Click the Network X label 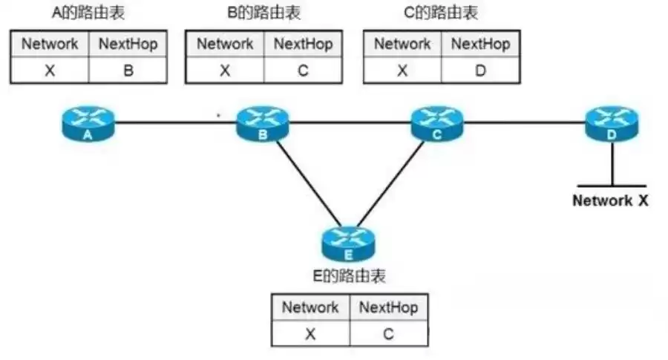coord(611,200)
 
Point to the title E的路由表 coord(349,277)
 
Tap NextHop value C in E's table coord(388,334)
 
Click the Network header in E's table coord(310,307)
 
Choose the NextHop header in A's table coord(128,44)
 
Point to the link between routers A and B coord(175,122)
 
